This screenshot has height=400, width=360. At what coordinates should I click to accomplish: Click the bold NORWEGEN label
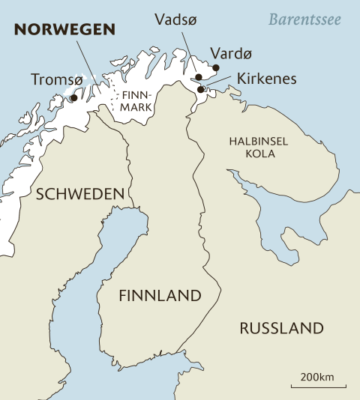(67, 30)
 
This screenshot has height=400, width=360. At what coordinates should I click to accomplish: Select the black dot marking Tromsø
(73, 97)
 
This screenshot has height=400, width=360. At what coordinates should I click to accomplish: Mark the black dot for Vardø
(216, 67)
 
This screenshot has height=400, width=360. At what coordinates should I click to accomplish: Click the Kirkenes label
(266, 79)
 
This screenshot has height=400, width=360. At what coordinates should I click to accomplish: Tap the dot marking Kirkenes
(200, 90)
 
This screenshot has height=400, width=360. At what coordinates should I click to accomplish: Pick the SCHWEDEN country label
(80, 194)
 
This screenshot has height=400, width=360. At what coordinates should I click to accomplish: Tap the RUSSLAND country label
(281, 328)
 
